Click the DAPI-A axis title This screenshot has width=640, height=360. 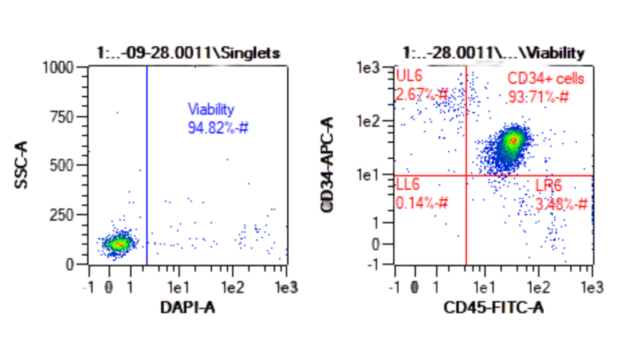187,307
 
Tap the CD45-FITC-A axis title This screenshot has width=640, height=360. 493,307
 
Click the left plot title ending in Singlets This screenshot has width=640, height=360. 188,53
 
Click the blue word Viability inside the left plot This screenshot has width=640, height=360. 211,109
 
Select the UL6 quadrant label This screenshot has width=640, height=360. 409,77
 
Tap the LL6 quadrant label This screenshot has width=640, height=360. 408,184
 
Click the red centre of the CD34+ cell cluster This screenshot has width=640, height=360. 513,141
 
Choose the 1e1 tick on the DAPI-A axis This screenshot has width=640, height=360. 179,288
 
